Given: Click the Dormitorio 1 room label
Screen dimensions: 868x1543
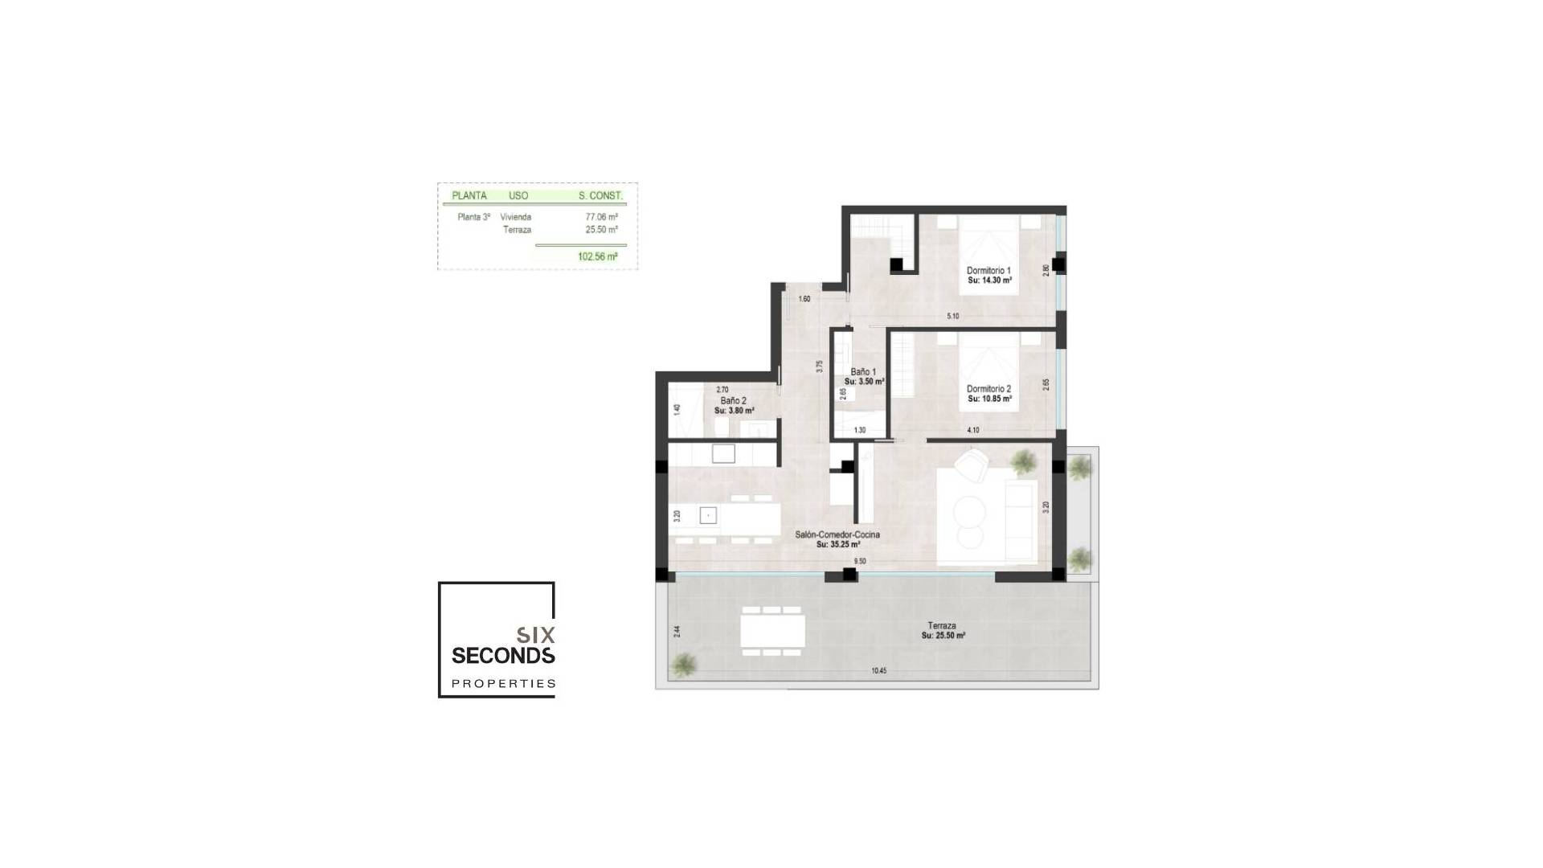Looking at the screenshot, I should [988, 271].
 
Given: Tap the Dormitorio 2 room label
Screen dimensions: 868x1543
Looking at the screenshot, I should [988, 389].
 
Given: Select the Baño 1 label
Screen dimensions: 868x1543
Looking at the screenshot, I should [863, 372].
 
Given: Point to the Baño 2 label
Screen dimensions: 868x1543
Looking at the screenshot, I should [733, 400].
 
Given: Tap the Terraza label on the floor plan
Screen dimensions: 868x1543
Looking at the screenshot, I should [942, 625].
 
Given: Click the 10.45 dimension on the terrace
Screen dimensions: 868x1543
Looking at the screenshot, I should [878, 670].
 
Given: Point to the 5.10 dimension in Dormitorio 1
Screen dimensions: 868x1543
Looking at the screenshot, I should [952, 317].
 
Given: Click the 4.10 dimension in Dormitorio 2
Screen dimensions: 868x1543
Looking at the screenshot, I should [972, 430].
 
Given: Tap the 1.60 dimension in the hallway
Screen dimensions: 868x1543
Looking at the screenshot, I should [804, 299].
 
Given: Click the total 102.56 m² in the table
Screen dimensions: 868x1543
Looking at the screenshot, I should [597, 257].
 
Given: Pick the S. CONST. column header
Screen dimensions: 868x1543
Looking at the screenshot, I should [600, 195].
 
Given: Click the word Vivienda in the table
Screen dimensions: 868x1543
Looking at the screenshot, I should [515, 217].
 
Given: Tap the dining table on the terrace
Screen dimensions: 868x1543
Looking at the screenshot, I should [772, 630].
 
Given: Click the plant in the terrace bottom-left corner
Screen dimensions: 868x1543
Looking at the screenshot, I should [684, 664].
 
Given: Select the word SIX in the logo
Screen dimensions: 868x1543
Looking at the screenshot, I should [536, 634].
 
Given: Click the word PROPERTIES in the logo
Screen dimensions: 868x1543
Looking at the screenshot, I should [503, 683].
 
